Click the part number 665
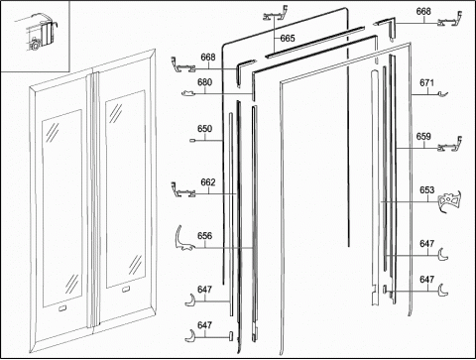click(x=288, y=39)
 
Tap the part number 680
click(x=204, y=82)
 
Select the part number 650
click(x=204, y=129)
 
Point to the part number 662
click(x=208, y=182)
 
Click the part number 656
click(x=204, y=236)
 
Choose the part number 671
click(x=426, y=82)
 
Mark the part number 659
click(x=423, y=137)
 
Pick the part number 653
click(x=426, y=190)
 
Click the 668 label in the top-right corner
click(x=423, y=11)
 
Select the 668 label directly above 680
click(x=208, y=58)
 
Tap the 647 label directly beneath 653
click(x=426, y=244)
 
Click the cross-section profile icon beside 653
click(x=449, y=200)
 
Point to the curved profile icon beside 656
click(x=183, y=238)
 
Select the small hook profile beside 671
click(x=443, y=94)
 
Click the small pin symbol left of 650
click(x=192, y=141)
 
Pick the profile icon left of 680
click(x=188, y=93)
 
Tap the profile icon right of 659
click(x=450, y=145)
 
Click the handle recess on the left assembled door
click(x=62, y=308)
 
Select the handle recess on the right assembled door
click(x=126, y=290)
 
